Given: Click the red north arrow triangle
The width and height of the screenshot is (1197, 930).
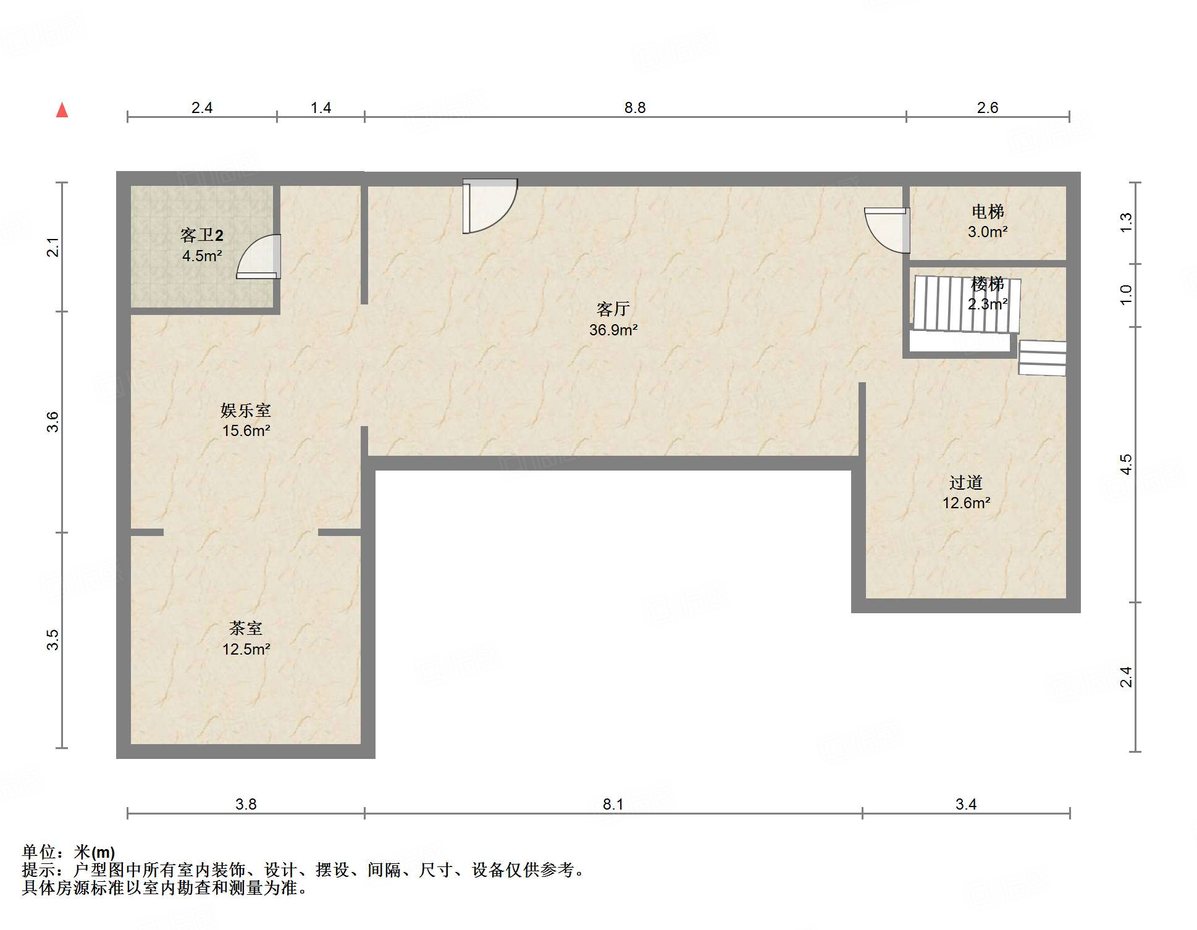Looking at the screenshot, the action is point(62,110).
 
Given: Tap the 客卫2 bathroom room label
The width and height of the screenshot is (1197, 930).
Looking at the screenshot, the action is point(202,235).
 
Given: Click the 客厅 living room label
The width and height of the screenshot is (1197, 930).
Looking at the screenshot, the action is point(613,309).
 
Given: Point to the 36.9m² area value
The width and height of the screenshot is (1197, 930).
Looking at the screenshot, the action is point(613,330).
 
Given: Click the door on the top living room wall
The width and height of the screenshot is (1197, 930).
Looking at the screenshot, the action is point(490,206).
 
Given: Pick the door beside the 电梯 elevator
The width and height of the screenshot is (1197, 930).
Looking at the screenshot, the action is point(887,230).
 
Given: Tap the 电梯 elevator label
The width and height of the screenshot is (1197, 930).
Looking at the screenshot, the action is point(988,212).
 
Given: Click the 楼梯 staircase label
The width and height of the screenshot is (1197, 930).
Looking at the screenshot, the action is point(988,284).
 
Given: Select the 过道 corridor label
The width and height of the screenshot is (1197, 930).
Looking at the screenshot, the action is point(966,482).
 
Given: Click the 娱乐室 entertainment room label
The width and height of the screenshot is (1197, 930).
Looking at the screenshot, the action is point(246,410).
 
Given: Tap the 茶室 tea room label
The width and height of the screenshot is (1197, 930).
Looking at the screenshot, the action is point(246,629).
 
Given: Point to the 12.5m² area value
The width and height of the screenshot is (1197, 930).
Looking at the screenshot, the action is point(246,649).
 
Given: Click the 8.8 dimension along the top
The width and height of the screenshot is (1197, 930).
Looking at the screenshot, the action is point(635,108).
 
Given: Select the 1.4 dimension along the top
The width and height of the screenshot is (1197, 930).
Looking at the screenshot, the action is point(321,108).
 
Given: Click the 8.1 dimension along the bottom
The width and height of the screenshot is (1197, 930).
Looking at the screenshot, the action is point(613,804).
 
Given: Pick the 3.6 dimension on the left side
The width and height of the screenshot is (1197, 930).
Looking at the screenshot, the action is point(53,422).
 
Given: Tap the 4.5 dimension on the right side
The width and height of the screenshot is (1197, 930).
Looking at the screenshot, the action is point(1127,464).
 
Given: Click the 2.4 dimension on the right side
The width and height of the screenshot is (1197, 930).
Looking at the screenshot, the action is point(1127,677).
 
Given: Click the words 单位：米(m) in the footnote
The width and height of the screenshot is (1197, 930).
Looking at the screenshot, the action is point(69,852).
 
